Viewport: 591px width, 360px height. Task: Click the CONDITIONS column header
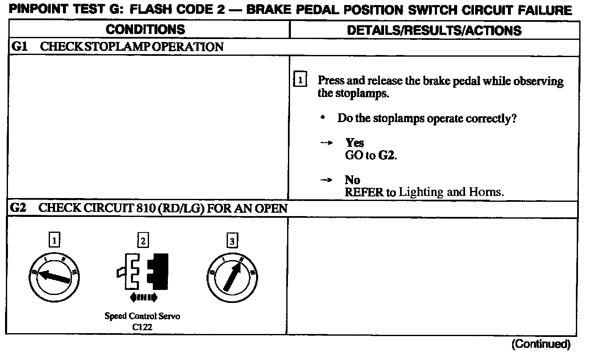(x=145, y=29)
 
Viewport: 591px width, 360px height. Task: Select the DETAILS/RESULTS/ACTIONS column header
(x=434, y=30)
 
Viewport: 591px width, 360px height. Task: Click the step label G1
(x=19, y=47)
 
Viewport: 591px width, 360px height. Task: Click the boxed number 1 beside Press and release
(x=300, y=80)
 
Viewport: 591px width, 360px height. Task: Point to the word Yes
(x=355, y=143)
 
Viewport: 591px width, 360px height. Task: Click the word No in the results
(x=353, y=180)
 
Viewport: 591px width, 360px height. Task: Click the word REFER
(x=364, y=193)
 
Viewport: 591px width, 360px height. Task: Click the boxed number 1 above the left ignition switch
(x=54, y=240)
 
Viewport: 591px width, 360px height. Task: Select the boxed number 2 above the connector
(x=143, y=240)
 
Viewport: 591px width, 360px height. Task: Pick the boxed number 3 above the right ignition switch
(x=232, y=241)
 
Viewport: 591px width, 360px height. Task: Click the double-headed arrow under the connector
(x=144, y=298)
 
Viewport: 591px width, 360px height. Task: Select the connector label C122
(x=142, y=326)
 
